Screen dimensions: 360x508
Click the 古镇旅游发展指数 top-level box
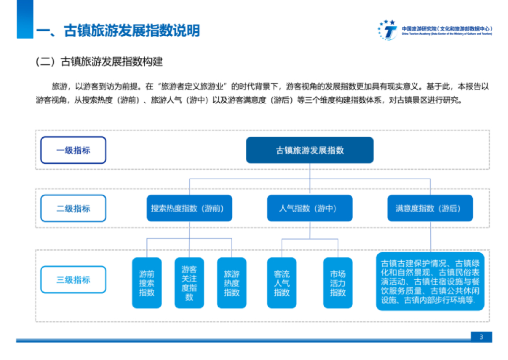click(310, 150)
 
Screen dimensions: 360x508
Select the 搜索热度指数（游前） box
click(188, 209)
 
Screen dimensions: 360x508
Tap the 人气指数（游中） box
click(310, 209)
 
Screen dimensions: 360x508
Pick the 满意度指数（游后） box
click(430, 209)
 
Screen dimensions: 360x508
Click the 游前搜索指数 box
click(147, 283)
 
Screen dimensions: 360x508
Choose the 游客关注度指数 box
click(189, 283)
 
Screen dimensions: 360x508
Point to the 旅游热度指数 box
click(232, 283)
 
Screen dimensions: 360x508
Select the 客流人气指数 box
click(282, 283)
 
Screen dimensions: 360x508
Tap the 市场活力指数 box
click(338, 283)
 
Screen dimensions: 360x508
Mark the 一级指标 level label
click(73, 150)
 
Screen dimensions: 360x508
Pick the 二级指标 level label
click(73, 209)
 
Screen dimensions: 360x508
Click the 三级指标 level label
click(73, 280)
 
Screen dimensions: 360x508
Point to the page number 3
click(481, 338)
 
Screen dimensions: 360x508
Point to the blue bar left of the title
click(24, 19)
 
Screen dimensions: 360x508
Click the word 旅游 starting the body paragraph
click(59, 86)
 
